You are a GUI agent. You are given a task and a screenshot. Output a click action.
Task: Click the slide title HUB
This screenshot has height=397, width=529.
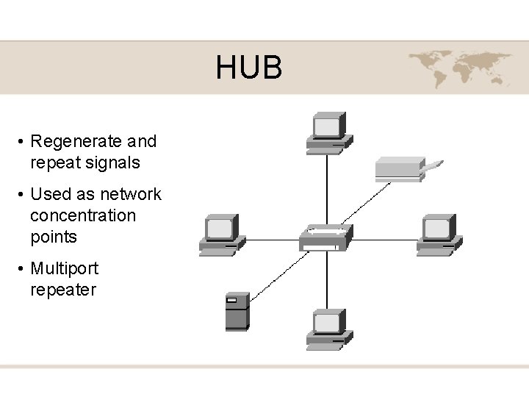(x=248, y=68)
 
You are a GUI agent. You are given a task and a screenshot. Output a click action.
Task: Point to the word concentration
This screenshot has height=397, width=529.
(x=83, y=215)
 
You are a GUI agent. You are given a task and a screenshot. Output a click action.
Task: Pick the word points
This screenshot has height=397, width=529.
(x=54, y=237)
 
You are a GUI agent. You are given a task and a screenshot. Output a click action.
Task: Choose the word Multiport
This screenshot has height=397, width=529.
(x=64, y=268)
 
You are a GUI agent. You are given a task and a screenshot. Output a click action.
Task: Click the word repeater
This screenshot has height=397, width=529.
(x=63, y=290)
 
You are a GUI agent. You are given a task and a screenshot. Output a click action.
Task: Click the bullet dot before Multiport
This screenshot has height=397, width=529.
(x=24, y=269)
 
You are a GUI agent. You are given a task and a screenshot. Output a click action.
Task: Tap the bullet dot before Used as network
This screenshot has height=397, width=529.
(x=24, y=195)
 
